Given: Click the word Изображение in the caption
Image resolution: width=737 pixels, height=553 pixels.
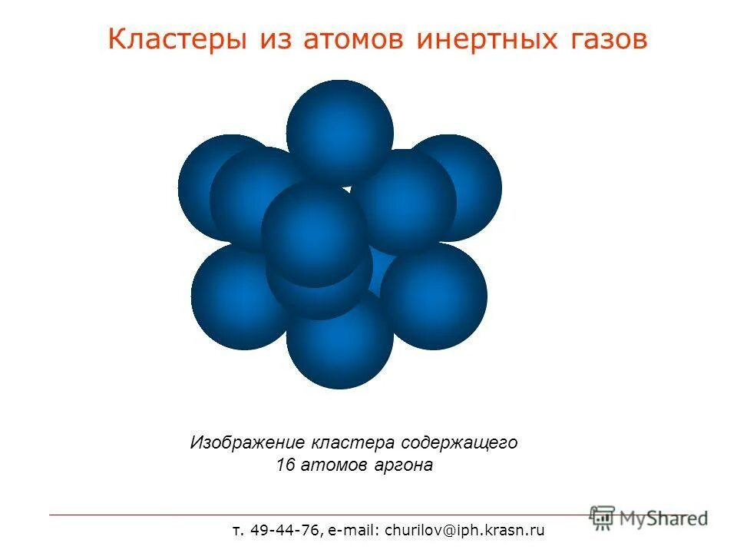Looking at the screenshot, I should point(248,443).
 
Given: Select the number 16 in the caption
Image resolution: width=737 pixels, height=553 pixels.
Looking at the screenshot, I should point(285,465).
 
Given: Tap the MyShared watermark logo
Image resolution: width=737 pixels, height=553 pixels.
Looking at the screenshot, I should point(649,518).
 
